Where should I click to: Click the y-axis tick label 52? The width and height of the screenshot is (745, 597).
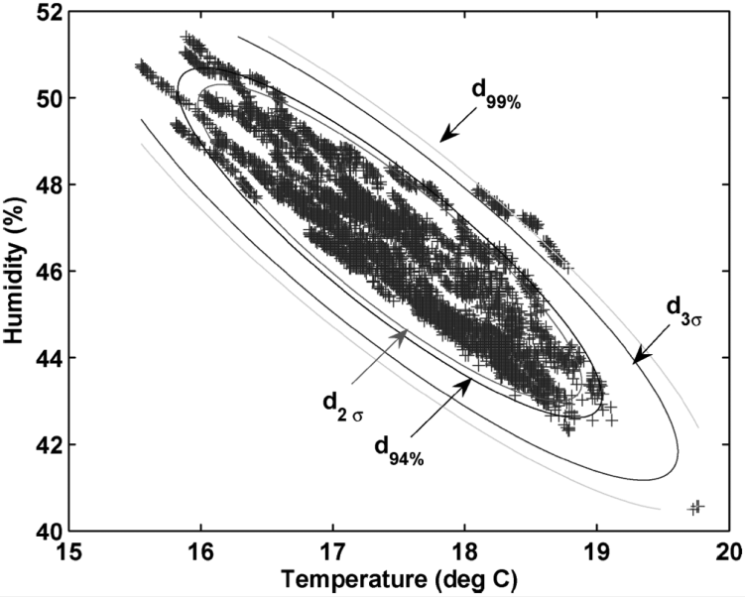47,13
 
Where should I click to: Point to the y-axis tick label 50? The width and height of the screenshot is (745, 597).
47,99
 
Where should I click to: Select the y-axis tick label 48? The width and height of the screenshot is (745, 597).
47,185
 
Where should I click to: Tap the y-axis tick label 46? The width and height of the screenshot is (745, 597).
47,271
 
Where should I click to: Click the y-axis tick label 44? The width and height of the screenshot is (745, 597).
47,357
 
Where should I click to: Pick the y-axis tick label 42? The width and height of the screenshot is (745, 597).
47,443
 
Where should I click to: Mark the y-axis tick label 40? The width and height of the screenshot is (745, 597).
47,530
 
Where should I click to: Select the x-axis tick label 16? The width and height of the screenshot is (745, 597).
202,551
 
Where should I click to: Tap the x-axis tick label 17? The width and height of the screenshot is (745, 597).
333,551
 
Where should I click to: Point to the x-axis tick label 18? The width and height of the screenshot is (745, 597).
464,551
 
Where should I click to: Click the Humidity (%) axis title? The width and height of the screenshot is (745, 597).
14,272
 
